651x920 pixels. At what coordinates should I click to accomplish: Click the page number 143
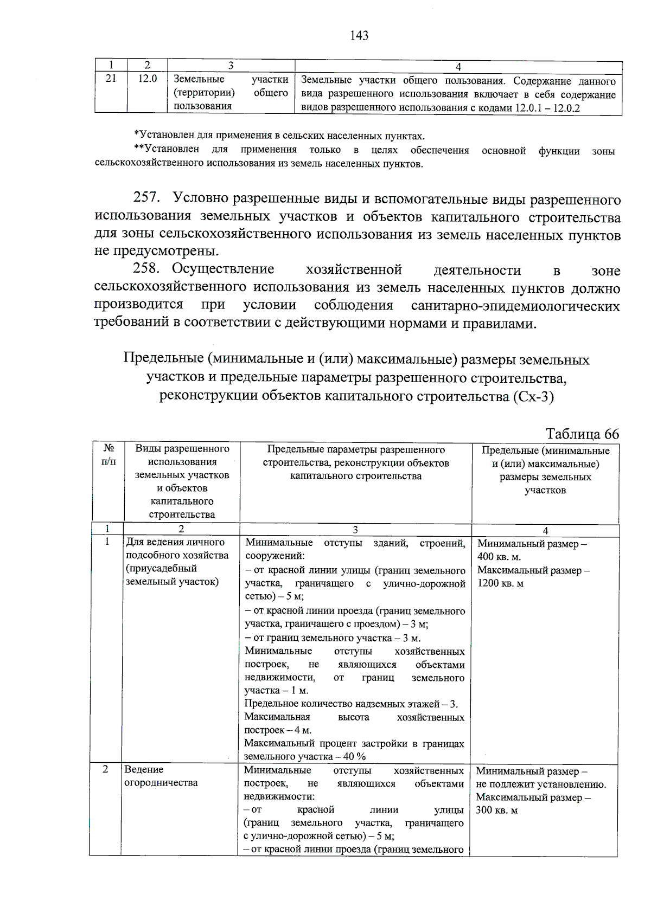click(x=359, y=36)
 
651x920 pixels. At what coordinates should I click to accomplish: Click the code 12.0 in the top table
click(x=147, y=79)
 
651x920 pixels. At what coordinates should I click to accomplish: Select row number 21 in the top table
click(x=111, y=79)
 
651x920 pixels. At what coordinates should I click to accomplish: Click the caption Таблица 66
click(x=582, y=434)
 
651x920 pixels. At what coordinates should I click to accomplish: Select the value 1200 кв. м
click(x=500, y=584)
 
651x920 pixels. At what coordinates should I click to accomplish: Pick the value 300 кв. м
click(x=496, y=810)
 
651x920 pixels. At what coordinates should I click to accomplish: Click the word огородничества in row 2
click(x=161, y=783)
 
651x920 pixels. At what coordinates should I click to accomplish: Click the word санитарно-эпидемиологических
click(x=515, y=306)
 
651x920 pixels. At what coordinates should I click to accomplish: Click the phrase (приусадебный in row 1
click(x=161, y=569)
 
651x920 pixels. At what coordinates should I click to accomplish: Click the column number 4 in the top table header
click(x=458, y=67)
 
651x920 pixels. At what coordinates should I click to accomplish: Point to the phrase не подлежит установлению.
click(x=541, y=784)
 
